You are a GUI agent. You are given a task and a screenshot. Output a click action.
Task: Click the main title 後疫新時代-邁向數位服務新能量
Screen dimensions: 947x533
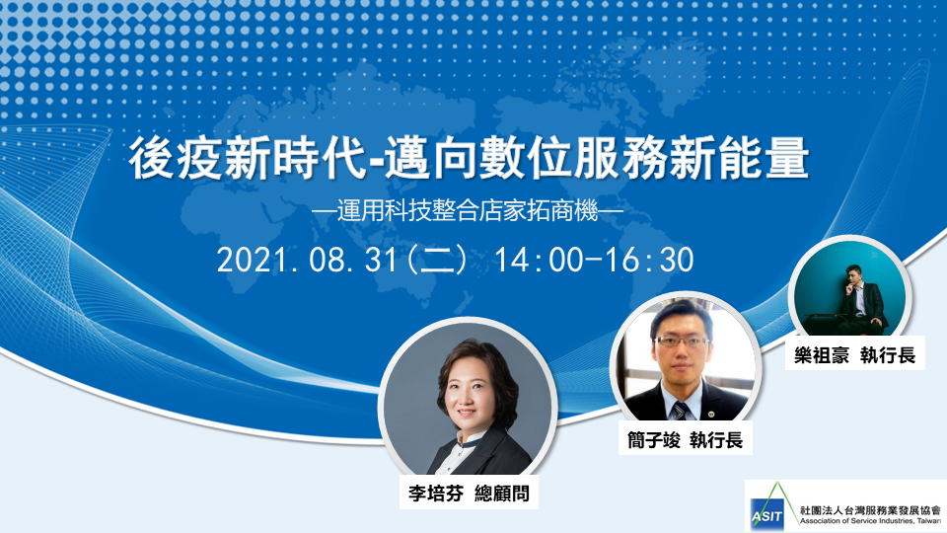469,158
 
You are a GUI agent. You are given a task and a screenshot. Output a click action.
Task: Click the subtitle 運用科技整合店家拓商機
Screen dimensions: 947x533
468,211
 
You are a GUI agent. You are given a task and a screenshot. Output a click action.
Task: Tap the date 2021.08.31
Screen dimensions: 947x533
307,260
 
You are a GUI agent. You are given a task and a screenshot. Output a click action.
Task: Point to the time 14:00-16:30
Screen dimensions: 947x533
594,260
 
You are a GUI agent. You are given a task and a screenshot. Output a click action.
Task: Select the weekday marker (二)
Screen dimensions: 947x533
437,260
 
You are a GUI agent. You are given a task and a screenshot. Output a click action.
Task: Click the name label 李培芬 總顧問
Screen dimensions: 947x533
469,494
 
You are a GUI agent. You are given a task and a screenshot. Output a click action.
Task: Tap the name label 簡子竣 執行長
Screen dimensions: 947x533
685,439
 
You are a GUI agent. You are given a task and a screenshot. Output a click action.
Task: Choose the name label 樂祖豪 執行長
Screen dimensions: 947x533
854,354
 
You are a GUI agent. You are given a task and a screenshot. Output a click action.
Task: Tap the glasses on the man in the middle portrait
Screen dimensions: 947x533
683,342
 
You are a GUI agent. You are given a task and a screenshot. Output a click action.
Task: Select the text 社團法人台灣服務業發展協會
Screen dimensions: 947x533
870,510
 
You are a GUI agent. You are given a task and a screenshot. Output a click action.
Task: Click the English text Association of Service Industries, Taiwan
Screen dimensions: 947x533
870,521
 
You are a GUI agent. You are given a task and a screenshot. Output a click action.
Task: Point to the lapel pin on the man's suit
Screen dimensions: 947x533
711,414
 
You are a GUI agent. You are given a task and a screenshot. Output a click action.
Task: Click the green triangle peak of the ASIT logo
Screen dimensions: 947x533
777,484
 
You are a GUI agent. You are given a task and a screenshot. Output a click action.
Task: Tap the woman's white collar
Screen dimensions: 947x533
464,447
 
